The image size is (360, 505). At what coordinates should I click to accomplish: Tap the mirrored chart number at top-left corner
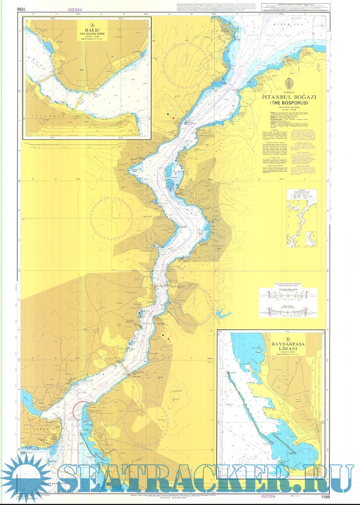point(23,10)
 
